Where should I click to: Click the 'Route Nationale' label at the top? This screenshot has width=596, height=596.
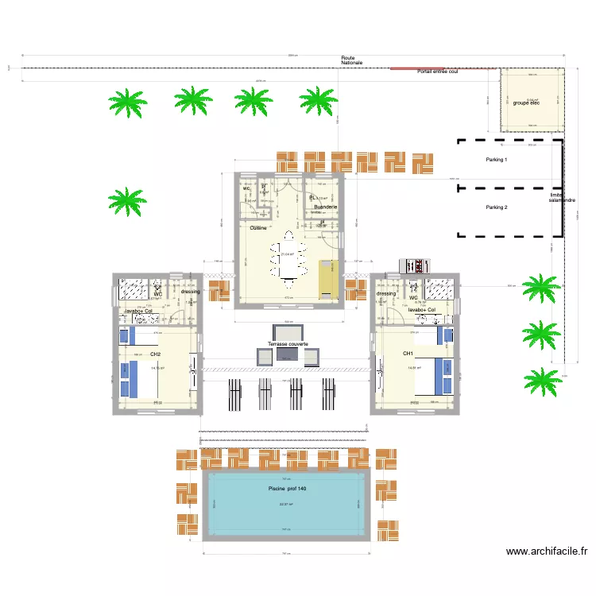(x=351, y=60)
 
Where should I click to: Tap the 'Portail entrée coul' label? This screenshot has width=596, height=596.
(x=438, y=72)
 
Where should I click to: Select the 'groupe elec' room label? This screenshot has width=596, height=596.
(x=527, y=103)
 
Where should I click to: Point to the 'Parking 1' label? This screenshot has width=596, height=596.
(x=497, y=160)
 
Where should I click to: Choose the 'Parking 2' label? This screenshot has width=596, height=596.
(x=497, y=207)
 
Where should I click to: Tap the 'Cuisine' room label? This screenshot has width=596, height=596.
(x=257, y=228)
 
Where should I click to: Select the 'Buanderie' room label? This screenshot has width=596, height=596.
(x=326, y=207)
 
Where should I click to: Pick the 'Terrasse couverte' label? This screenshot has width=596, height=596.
(x=288, y=344)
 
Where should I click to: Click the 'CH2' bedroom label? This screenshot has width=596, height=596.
(x=155, y=354)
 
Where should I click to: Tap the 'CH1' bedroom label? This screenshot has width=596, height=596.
(x=408, y=353)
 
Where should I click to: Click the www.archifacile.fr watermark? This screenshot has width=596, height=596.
(x=546, y=551)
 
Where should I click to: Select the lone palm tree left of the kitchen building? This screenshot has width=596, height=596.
(x=126, y=201)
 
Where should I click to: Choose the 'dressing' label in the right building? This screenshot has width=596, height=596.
(x=386, y=293)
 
